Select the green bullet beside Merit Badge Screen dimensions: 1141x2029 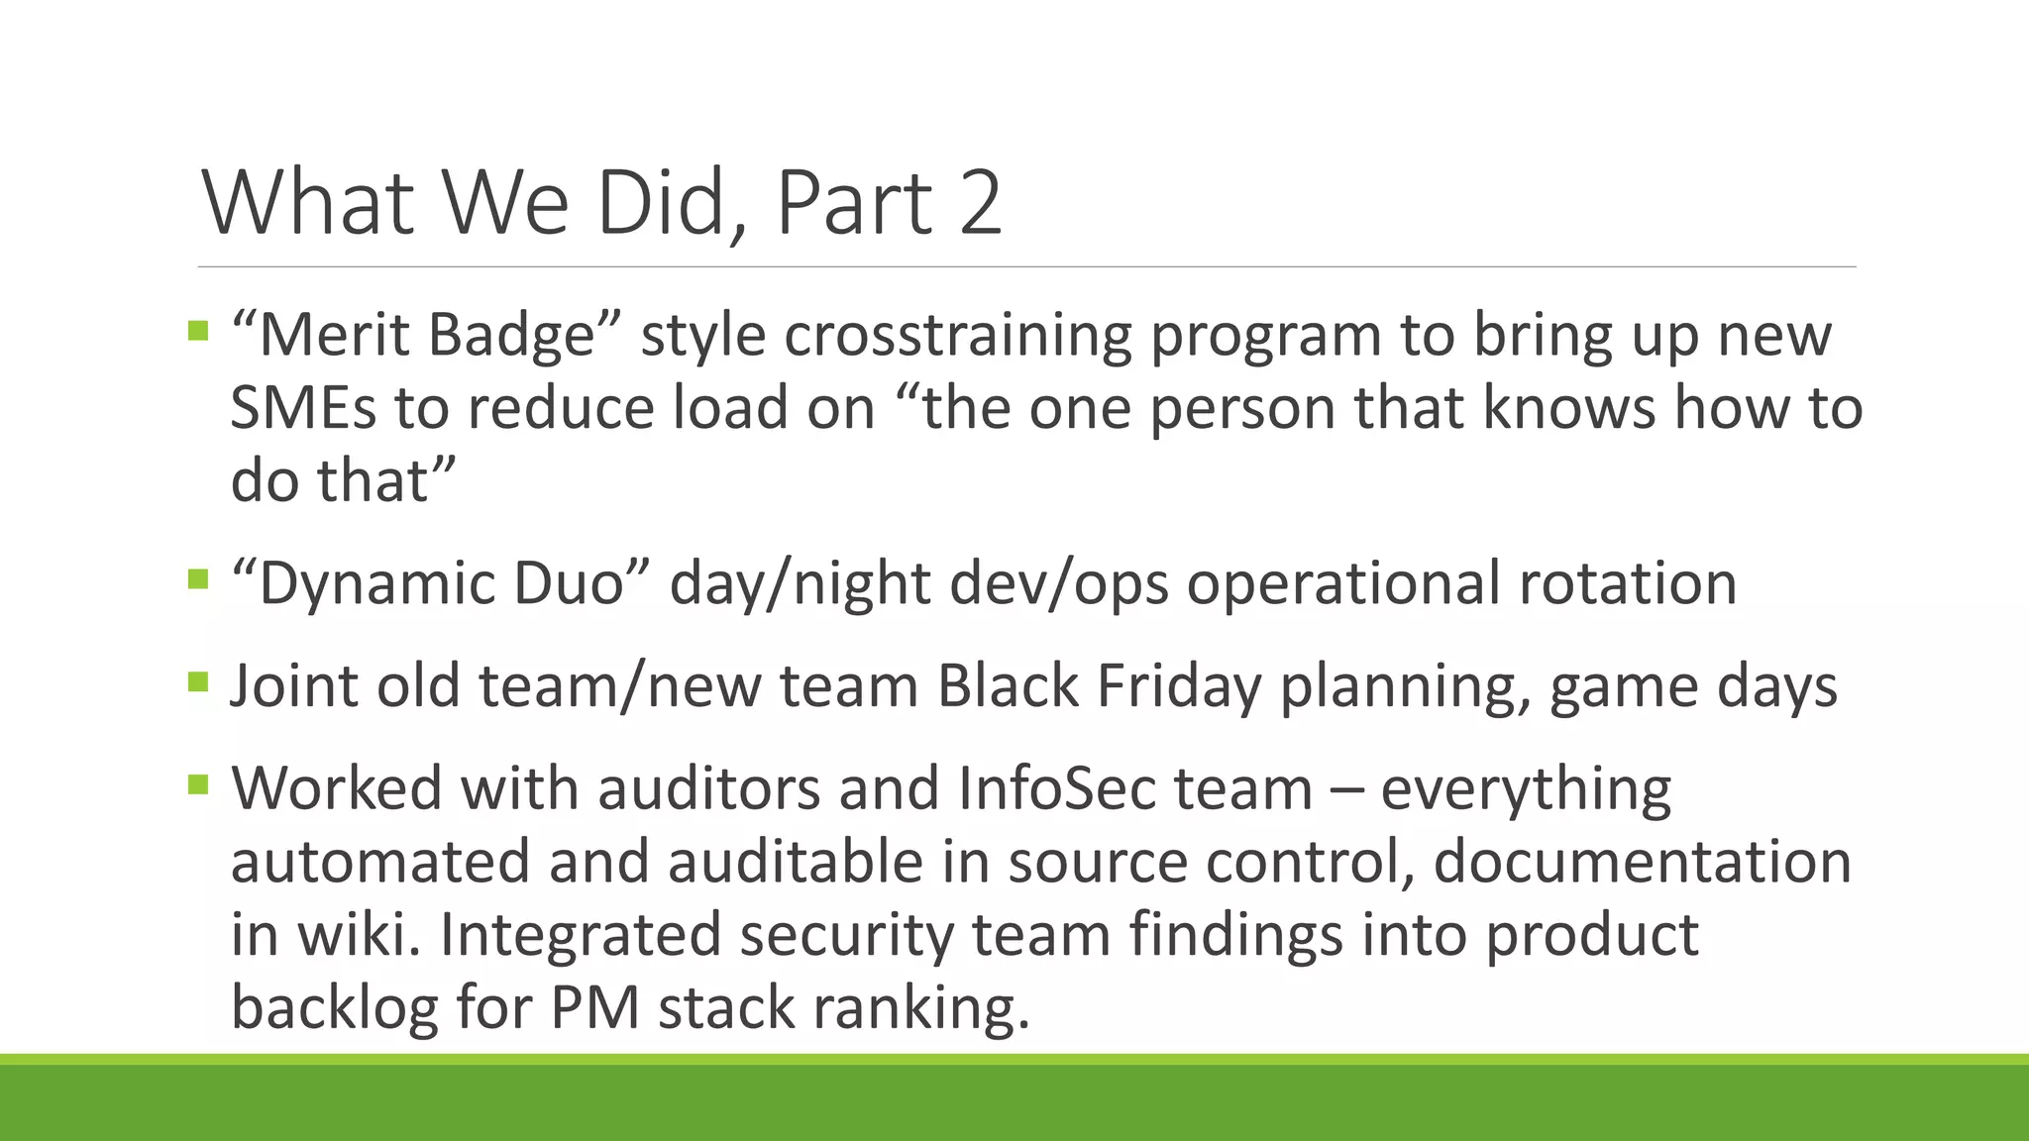(x=198, y=330)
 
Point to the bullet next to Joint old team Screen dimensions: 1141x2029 (x=198, y=681)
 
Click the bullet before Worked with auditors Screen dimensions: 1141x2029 (x=198, y=785)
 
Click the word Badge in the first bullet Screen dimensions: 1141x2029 (x=510, y=335)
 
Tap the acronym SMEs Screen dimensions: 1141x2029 (x=303, y=407)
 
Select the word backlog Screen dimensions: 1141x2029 (x=334, y=1007)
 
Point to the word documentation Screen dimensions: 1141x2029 (x=1642, y=861)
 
